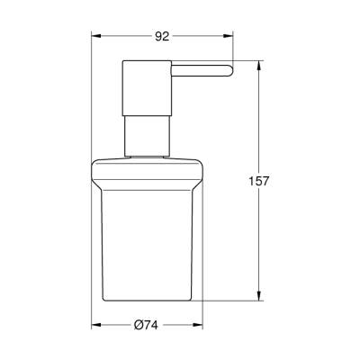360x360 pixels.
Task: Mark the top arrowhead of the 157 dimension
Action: [260, 67]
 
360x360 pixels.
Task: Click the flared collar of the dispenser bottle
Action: [148, 162]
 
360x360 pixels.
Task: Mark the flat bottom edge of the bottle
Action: [148, 301]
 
